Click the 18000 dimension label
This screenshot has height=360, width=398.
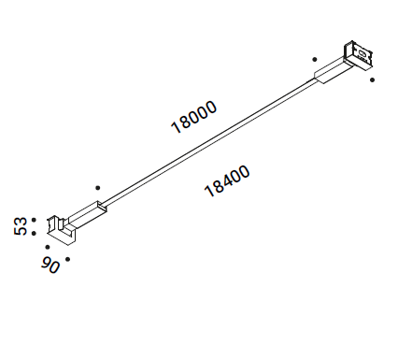click(193, 117)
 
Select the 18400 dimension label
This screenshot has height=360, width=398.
click(227, 181)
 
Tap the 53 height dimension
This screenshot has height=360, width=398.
click(21, 226)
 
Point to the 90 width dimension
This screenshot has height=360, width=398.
click(50, 266)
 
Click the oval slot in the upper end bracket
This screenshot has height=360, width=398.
click(362, 53)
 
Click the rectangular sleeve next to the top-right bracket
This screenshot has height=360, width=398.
click(332, 71)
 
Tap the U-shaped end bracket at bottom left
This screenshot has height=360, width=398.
click(61, 230)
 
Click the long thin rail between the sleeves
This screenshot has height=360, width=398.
click(208, 143)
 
